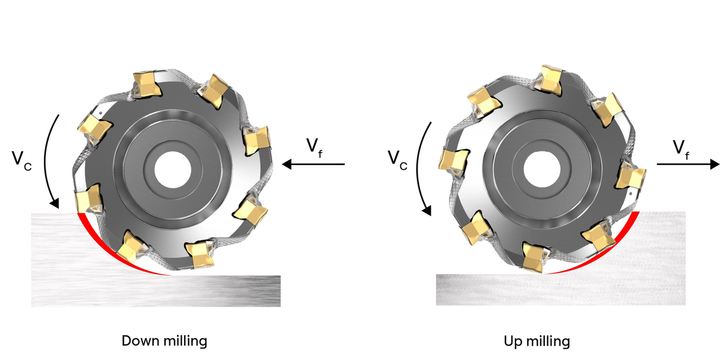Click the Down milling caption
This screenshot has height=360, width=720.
click(164, 341)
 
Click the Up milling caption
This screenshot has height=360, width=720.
click(536, 341)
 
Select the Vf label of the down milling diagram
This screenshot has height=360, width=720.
click(314, 146)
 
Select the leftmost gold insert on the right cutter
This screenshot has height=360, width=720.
click(454, 160)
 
